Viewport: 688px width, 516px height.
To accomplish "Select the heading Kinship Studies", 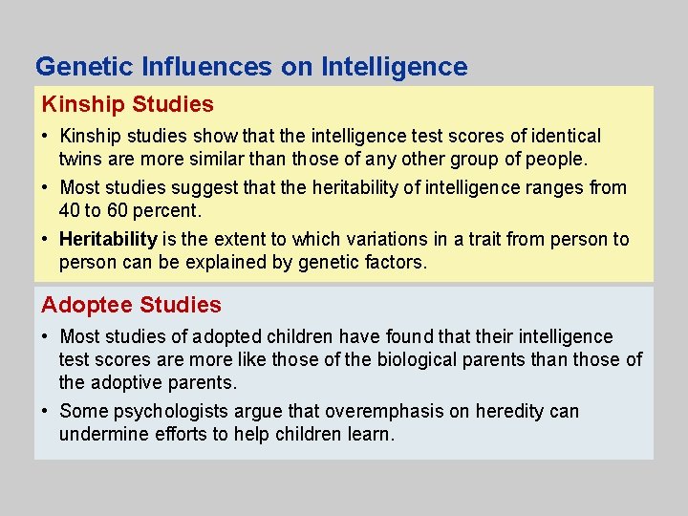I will click(127, 103).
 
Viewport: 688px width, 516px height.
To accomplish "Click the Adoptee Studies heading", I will click(131, 305).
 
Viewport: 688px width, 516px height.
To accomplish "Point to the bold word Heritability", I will click(108, 239).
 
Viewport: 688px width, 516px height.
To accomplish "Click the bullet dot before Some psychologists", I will click(47, 412).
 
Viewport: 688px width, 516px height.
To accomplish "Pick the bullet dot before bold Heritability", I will click(47, 240).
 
